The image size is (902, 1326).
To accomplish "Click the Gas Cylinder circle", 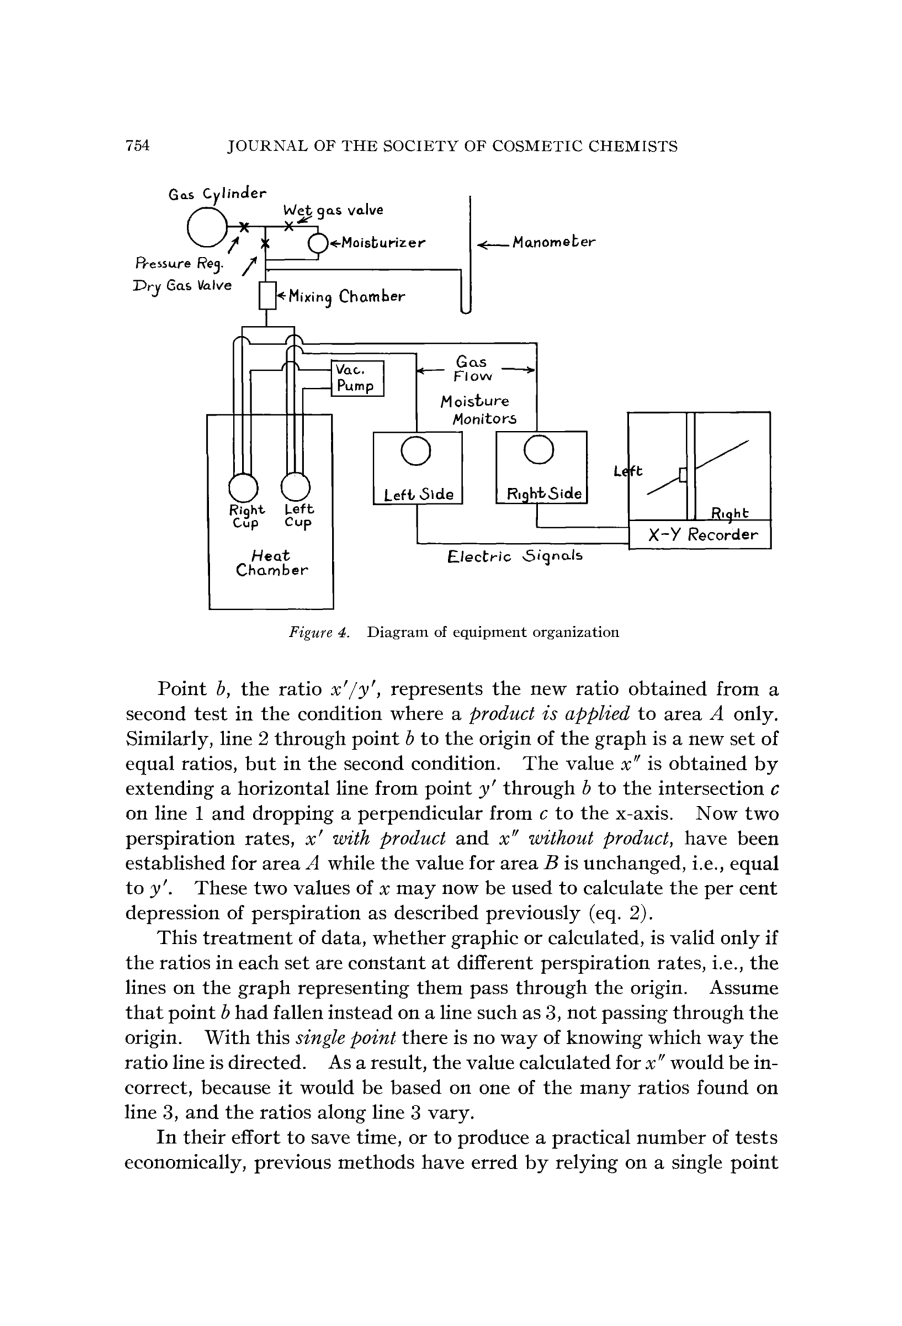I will point(207,226).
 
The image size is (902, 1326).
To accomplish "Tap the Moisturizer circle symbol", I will point(317,244).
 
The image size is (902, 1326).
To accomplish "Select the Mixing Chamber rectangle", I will point(267,295).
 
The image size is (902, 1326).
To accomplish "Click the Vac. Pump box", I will point(358,378).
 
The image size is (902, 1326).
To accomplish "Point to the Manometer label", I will point(553,242).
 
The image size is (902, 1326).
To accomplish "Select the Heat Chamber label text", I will point(272,563).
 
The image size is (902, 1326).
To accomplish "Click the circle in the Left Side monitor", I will point(416,451).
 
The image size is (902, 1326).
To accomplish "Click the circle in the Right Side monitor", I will point(538,450).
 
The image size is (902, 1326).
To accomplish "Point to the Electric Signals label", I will point(515,556).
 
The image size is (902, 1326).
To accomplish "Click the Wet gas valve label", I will point(333,210).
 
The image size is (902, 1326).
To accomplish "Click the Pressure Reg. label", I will point(179,263).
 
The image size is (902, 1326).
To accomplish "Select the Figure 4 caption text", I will point(454,632).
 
